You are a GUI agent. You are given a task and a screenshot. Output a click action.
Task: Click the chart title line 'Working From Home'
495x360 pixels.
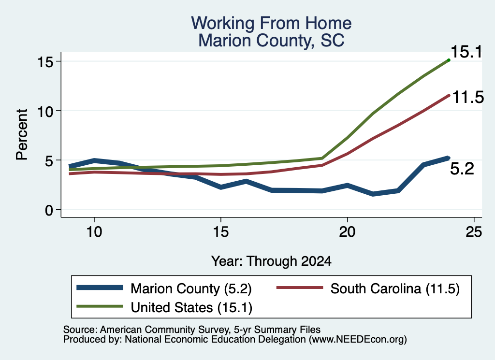(x=271, y=23)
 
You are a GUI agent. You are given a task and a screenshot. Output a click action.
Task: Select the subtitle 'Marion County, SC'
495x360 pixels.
(x=271, y=41)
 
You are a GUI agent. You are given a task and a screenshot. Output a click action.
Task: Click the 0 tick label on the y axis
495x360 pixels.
(x=49, y=210)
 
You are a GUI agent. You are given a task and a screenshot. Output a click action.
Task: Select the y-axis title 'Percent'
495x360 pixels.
(x=22, y=135)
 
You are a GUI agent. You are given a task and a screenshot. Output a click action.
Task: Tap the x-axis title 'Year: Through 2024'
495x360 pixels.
(x=271, y=261)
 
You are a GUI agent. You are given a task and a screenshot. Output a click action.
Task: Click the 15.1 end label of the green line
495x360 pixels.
(x=466, y=52)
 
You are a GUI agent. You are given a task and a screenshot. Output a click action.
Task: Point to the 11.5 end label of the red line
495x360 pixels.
(x=468, y=97)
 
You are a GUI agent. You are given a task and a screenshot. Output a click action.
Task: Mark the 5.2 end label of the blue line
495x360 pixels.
(x=462, y=169)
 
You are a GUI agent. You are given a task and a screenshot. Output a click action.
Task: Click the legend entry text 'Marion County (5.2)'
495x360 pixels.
(x=191, y=288)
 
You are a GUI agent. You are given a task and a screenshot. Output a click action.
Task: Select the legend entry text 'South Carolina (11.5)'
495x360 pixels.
(x=395, y=288)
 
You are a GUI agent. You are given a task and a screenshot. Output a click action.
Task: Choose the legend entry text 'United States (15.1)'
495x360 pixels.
(x=191, y=308)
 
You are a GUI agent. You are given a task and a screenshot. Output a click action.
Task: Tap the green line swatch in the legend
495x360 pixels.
(x=100, y=306)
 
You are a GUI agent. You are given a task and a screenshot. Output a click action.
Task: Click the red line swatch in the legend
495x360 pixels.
(x=300, y=288)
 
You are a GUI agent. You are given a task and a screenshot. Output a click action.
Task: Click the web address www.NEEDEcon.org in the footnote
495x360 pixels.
(x=358, y=340)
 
